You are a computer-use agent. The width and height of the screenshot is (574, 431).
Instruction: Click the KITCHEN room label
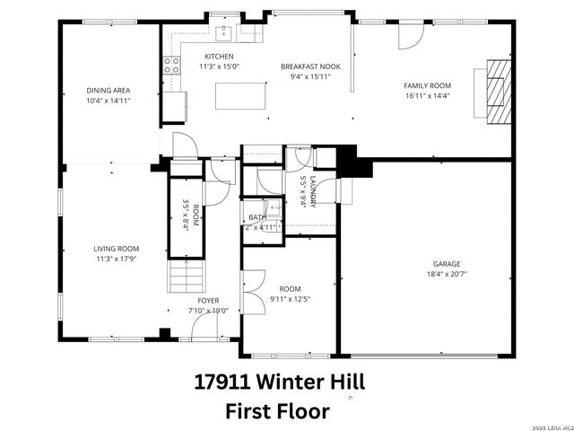[x=219, y=57]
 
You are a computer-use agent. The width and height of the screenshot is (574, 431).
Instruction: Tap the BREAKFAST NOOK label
[x=309, y=66]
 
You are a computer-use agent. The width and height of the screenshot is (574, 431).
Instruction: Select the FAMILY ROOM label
[x=427, y=85]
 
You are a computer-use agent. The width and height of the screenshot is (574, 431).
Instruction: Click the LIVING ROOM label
[x=117, y=249]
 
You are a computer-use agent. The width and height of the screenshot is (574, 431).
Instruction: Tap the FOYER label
[x=207, y=301]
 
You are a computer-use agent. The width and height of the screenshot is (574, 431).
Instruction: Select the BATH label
[x=257, y=217]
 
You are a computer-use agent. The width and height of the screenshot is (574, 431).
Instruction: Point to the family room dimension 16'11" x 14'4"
[x=427, y=95]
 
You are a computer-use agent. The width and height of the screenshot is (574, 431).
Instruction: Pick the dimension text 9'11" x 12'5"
[x=289, y=299]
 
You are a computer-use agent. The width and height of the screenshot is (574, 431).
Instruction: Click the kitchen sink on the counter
[x=223, y=33]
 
